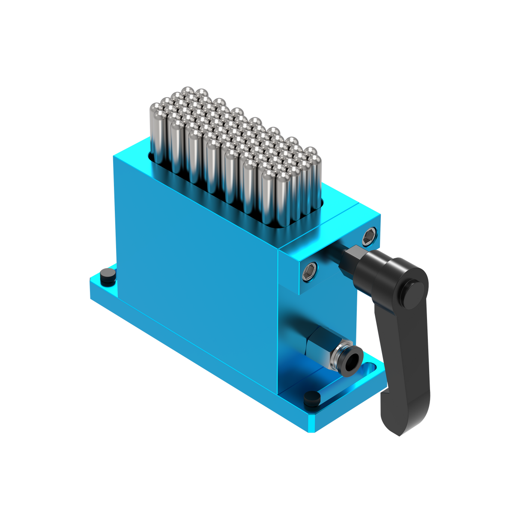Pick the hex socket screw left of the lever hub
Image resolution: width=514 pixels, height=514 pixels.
tap(310, 272)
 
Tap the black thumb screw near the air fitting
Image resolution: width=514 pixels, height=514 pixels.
tap(312, 398)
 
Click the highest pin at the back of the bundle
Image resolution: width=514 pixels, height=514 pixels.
tap(187, 92)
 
